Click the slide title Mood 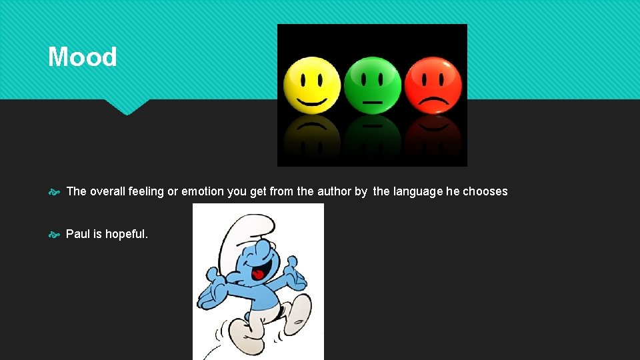coord(82,57)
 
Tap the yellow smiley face coord(312,85)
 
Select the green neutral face coord(373,85)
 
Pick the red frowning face coord(433,85)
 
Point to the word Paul coord(77,234)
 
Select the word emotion coord(203,191)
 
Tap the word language coord(417,191)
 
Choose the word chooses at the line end coord(485,191)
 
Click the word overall coord(107,191)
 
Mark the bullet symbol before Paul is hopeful coord(55,235)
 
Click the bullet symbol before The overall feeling coord(55,192)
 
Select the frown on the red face coord(433,103)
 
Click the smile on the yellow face coord(312,101)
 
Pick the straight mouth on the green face coord(373,103)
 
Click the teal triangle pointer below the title coord(126,107)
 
